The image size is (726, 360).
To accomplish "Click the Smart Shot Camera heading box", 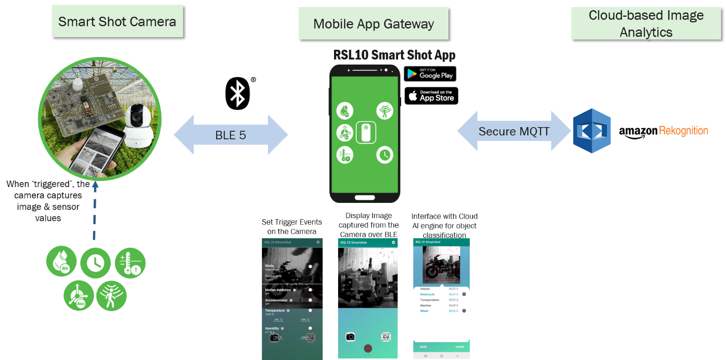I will (117, 21).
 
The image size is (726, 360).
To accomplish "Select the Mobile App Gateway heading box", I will (374, 24).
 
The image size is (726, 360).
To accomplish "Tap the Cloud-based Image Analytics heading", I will (646, 23).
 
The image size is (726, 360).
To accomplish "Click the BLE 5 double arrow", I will (231, 135).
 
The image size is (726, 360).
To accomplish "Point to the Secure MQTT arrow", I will (513, 131).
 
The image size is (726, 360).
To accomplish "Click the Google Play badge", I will (430, 74).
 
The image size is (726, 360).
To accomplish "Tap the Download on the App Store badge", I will (431, 96).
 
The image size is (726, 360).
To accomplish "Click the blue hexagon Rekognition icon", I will (592, 131).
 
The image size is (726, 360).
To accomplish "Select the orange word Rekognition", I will (683, 131).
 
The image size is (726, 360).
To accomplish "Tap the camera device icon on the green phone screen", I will (366, 133).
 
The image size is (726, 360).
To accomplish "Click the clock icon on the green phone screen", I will (384, 155).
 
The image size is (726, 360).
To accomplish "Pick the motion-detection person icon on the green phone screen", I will (384, 110).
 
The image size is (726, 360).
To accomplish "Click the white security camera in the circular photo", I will (137, 125).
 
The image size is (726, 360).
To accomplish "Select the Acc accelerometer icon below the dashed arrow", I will (79, 295).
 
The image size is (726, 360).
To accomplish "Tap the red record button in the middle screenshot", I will (368, 348).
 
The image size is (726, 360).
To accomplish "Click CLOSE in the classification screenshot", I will (460, 347).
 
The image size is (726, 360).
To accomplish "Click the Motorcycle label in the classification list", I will (427, 294).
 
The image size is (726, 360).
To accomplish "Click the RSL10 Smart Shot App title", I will (394, 54).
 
